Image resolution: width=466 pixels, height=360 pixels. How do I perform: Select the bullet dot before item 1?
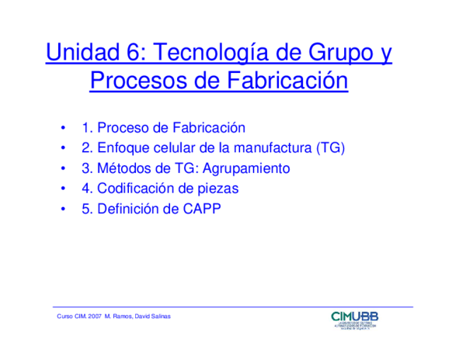coord(63,127)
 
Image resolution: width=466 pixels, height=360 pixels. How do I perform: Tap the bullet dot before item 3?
coord(63,168)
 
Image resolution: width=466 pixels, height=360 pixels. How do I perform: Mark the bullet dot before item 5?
coord(63,209)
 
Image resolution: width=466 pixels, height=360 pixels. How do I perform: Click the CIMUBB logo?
coord(355,320)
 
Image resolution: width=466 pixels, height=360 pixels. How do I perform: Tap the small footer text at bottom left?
coord(113,317)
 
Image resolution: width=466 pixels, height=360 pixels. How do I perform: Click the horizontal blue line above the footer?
coord(233,306)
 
